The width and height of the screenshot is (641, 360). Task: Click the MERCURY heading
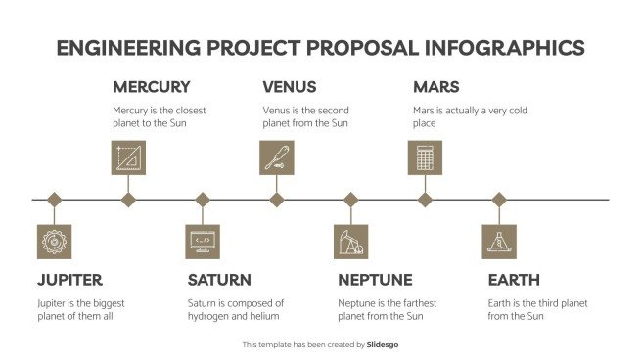(x=152, y=87)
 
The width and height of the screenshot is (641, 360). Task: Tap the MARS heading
(x=436, y=87)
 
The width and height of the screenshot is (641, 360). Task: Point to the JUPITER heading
(x=69, y=280)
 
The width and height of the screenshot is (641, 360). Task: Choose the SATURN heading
(x=219, y=280)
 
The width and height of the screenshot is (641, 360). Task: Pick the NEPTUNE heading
(x=375, y=280)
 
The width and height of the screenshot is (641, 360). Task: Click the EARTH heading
(x=514, y=280)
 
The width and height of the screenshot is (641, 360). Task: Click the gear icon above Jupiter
(x=54, y=242)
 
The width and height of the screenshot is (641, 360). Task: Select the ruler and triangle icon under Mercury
(x=128, y=157)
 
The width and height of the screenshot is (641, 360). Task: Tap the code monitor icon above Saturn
(x=203, y=242)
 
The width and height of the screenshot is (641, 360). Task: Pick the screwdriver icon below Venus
(x=277, y=157)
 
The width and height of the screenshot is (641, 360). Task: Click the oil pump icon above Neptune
(x=351, y=242)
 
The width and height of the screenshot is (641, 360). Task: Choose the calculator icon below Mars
(x=425, y=157)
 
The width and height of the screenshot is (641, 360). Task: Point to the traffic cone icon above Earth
(x=499, y=242)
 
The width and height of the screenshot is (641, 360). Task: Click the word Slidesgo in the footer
(x=383, y=344)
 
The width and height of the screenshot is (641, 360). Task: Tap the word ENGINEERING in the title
(x=128, y=48)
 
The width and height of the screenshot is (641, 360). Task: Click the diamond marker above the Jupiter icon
(x=54, y=200)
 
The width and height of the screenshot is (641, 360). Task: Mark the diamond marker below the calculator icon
(x=425, y=200)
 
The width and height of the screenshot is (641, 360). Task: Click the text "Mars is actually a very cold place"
(x=470, y=117)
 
